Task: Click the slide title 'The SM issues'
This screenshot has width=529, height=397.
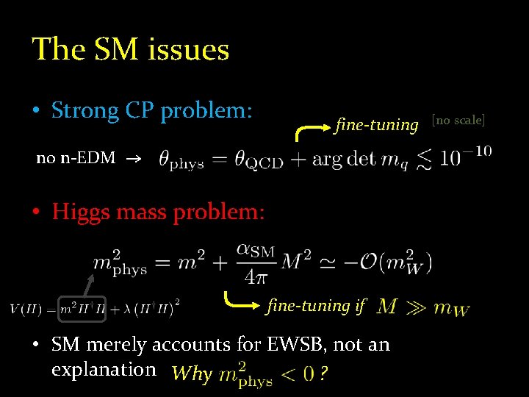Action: [131, 50]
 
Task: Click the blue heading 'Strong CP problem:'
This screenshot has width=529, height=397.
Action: [152, 111]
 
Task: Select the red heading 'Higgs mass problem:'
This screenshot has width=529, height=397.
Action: [158, 212]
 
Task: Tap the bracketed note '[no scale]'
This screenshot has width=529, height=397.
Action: [458, 120]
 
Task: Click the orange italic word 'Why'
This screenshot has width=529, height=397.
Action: [191, 374]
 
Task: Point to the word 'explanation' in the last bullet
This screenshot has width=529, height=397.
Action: [104, 369]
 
